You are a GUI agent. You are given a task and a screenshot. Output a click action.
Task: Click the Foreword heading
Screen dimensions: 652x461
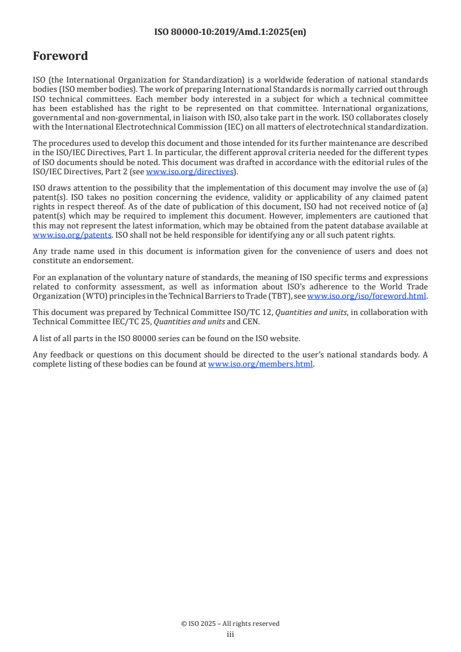(60, 56)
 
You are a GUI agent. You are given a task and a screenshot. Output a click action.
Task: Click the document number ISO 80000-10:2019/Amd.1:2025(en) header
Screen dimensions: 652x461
(230, 33)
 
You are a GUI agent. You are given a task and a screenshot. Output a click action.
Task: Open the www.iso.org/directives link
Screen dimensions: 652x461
(190, 171)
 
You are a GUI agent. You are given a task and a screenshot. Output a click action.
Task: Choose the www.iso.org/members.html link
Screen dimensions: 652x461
(260, 364)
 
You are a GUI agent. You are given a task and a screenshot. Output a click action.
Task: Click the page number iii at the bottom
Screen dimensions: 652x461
(230, 635)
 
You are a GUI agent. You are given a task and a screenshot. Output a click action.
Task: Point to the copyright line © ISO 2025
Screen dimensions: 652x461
(230, 624)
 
